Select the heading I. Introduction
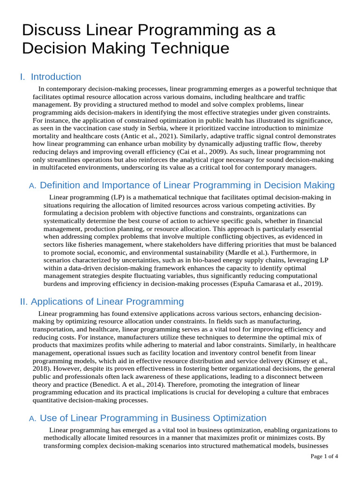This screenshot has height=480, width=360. click(51, 77)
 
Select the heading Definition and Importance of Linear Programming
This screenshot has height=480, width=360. click(187, 185)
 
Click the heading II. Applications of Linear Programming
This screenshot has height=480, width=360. click(102, 301)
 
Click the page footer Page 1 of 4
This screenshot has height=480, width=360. click(324, 456)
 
